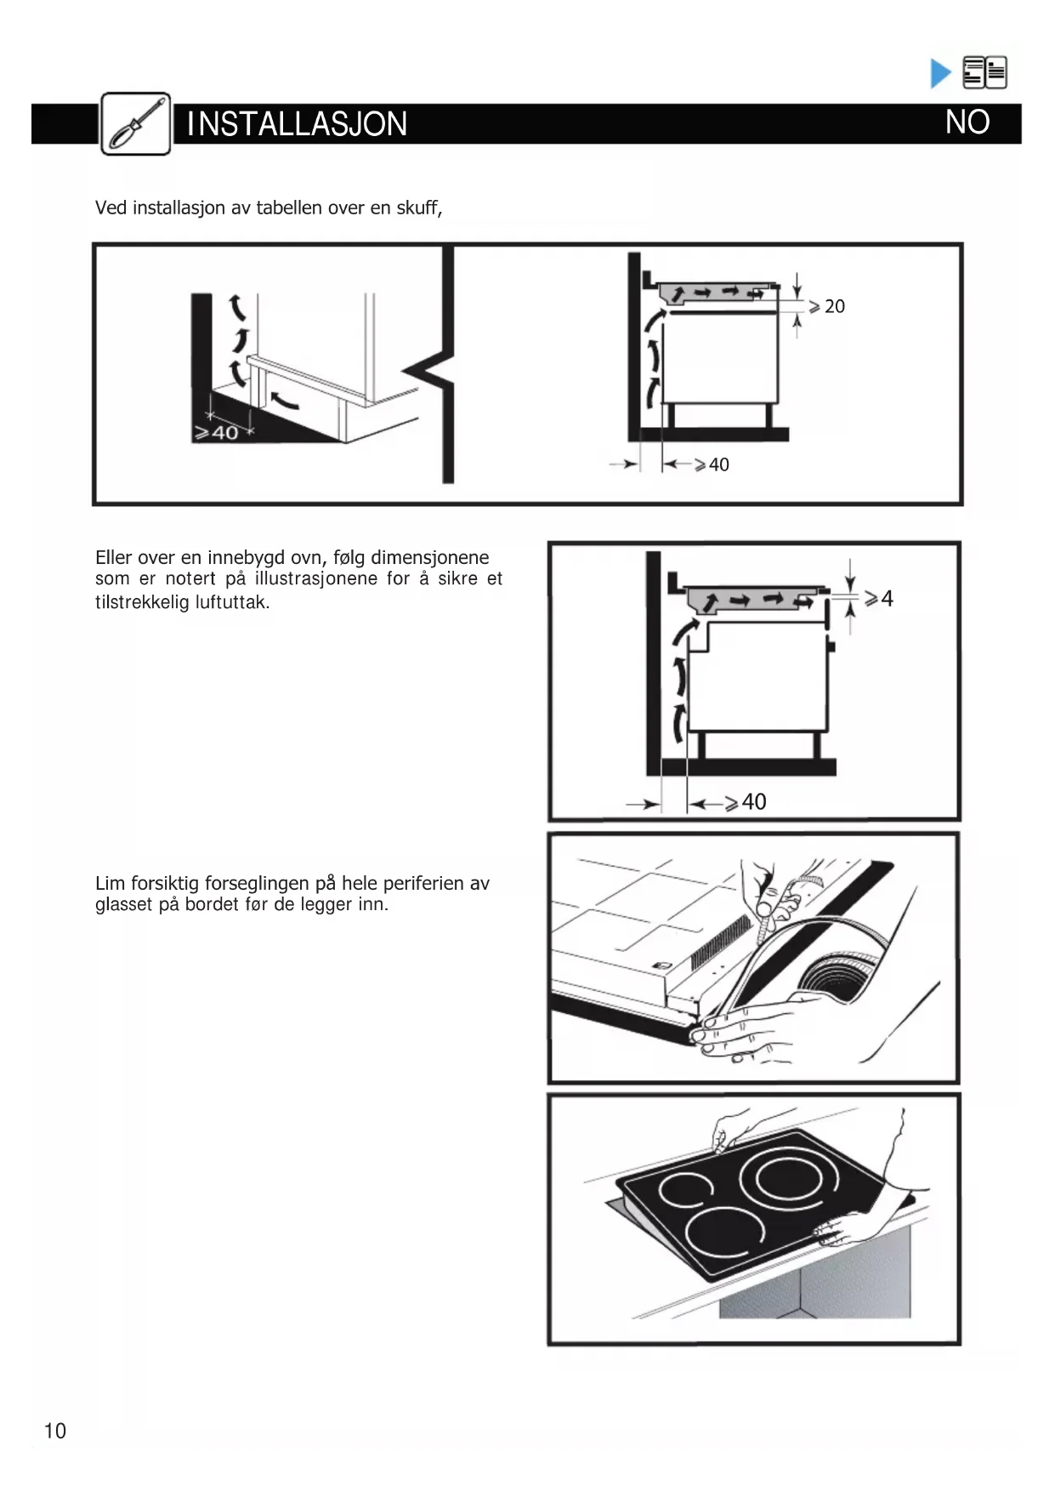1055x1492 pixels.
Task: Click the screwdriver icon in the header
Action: (x=135, y=124)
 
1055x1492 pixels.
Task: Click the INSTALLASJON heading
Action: (x=297, y=124)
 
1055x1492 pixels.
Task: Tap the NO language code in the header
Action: (x=967, y=122)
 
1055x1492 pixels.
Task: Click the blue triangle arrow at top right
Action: (x=940, y=73)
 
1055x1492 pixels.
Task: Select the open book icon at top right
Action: (x=984, y=73)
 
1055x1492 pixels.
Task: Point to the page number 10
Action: (x=55, y=1431)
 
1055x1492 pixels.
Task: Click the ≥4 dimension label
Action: (x=880, y=599)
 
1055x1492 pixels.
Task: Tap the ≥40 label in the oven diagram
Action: (x=746, y=801)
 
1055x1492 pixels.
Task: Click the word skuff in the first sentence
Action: (x=420, y=208)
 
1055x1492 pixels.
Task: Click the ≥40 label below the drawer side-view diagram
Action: (x=712, y=464)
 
